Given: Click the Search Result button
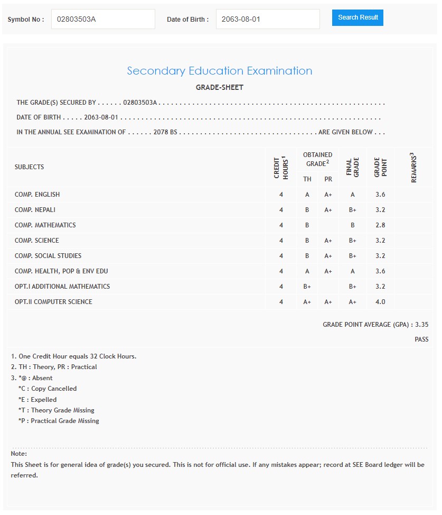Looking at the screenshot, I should click(x=358, y=17).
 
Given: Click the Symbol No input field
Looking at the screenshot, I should click(x=103, y=19).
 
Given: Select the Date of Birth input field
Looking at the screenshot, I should click(x=268, y=19).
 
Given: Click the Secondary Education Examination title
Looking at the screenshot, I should click(x=220, y=71).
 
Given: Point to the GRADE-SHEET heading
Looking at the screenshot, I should click(x=220, y=87).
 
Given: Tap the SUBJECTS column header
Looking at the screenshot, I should click(x=30, y=167).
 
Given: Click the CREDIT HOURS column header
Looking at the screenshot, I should click(x=281, y=167).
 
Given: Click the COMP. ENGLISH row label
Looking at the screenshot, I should click(x=37, y=195).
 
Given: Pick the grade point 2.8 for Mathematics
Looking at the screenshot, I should click(x=380, y=225).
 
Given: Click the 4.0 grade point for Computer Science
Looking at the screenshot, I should click(x=380, y=302).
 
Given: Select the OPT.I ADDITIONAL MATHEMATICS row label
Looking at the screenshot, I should click(x=62, y=287).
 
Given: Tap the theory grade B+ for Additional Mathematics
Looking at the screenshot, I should click(x=307, y=287).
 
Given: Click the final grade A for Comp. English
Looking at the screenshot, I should click(x=353, y=195).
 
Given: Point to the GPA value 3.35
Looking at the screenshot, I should click(x=422, y=325).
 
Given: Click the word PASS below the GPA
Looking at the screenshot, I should click(x=421, y=339).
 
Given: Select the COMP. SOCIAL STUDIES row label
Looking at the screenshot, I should click(x=48, y=256).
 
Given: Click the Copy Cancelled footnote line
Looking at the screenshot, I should click(x=48, y=389).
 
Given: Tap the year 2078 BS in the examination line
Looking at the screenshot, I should click(x=165, y=132).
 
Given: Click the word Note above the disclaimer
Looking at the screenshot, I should click(x=18, y=454).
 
